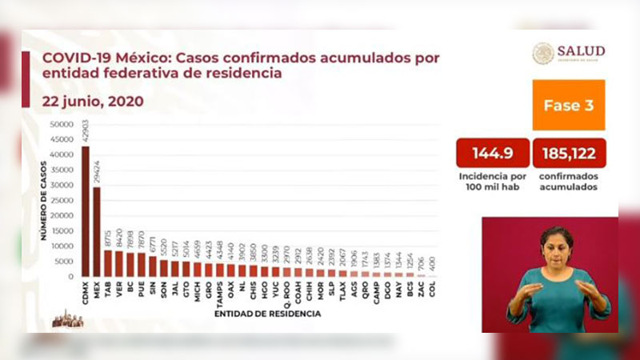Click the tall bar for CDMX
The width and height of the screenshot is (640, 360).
(86, 211)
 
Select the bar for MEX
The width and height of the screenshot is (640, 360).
(97, 232)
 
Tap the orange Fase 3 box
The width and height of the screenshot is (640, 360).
(568, 105)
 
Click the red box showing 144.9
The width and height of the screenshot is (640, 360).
(492, 153)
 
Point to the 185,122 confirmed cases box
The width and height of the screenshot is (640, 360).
(568, 153)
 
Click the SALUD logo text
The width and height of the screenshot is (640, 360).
(582, 52)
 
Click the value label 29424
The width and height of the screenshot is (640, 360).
(97, 174)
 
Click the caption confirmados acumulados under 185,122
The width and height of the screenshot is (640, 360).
(568, 180)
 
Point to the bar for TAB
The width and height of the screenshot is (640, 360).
(108, 263)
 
